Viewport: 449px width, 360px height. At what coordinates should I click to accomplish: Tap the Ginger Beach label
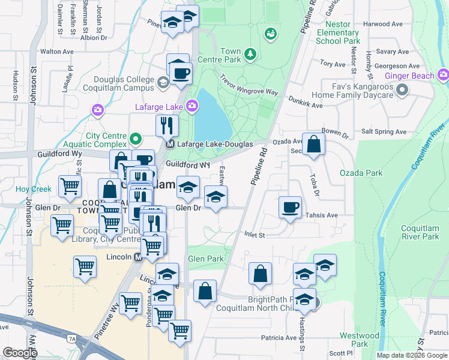(x=409, y=76)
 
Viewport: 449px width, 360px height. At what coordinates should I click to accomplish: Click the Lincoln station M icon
(x=137, y=257)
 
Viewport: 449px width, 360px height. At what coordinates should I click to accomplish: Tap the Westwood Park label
(x=360, y=340)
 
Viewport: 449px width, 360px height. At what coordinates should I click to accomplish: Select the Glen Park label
(x=205, y=259)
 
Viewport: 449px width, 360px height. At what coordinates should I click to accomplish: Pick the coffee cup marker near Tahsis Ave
(x=291, y=208)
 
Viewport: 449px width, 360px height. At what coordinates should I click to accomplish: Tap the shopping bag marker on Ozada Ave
(x=313, y=144)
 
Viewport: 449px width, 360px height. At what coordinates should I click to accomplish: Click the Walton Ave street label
(x=58, y=52)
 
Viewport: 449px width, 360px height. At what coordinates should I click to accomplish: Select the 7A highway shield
(x=73, y=339)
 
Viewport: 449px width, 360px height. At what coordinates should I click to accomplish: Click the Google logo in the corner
(x=20, y=353)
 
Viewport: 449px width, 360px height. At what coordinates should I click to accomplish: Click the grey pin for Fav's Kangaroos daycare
(x=402, y=90)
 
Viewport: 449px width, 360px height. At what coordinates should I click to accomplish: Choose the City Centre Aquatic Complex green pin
(x=135, y=140)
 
